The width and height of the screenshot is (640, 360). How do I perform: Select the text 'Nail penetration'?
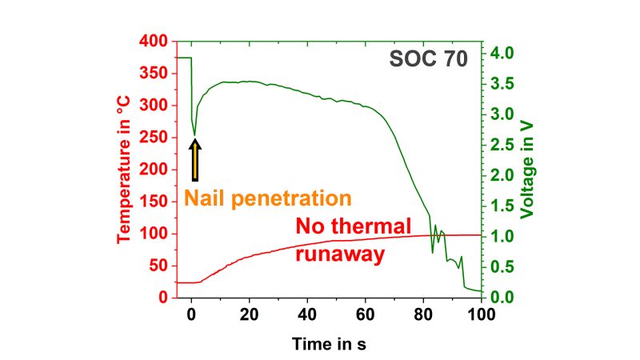point(268,198)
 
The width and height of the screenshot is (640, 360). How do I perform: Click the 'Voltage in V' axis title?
point(526,168)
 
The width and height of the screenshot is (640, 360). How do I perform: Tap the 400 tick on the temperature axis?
point(154,41)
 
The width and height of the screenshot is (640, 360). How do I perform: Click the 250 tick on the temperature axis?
point(154,138)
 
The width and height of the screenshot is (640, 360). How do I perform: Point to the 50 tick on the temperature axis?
point(158,266)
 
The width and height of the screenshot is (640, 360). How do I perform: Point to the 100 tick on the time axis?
point(481,313)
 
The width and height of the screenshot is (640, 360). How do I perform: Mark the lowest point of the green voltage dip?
point(194,134)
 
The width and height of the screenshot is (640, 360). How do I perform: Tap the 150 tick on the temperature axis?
point(154,202)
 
